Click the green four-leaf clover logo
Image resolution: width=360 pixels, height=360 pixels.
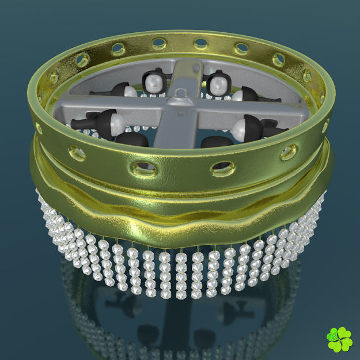point(339,340)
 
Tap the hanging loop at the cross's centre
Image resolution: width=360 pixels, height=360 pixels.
point(183,93)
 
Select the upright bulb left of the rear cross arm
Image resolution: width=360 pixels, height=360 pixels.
point(153,83)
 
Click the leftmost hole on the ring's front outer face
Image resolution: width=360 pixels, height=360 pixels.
point(77,153)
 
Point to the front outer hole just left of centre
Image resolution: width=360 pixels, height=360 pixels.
point(143,168)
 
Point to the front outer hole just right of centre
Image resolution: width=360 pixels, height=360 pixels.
point(222,168)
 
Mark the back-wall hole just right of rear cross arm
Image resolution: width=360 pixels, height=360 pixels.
point(201,43)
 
